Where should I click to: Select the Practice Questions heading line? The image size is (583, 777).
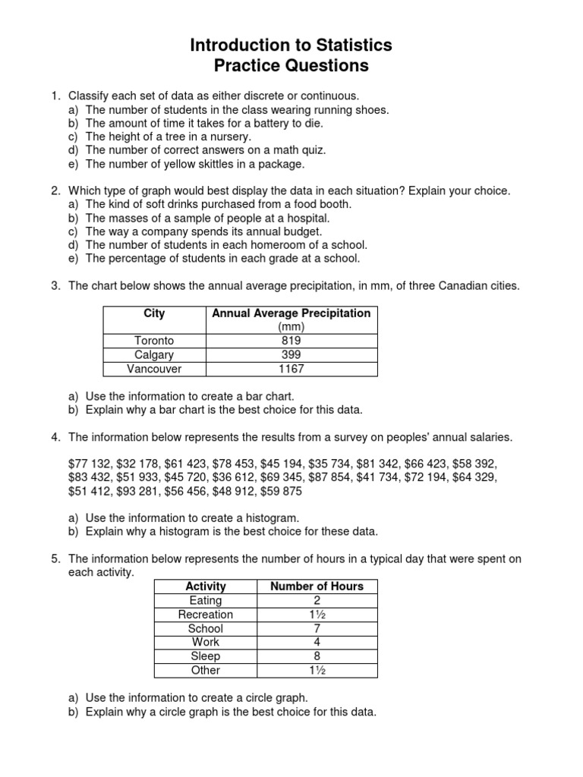tap(291, 66)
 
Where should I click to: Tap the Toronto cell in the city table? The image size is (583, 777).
tap(154, 341)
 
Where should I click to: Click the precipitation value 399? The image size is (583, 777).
tap(291, 355)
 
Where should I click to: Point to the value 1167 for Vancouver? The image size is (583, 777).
tap(291, 370)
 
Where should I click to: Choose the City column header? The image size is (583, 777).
tap(154, 313)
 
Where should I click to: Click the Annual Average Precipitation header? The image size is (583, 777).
tap(291, 313)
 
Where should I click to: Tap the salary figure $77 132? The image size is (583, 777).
tap(93, 462)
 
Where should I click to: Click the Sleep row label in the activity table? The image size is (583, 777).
tap(205, 656)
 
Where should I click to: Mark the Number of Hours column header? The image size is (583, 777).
tap(317, 586)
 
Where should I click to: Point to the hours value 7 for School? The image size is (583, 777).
tap(317, 628)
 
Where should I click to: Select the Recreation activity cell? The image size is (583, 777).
tap(205, 615)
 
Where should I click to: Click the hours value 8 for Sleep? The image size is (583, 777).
tap(317, 656)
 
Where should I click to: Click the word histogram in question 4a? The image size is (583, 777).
tap(260, 517)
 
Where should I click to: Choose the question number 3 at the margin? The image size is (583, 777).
tap(55, 285)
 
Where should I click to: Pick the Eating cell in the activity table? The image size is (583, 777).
tap(205, 600)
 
